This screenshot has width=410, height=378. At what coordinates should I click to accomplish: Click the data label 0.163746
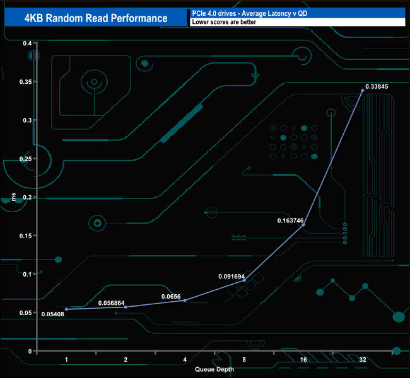[290, 221]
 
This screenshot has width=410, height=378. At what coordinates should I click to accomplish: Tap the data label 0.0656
[170, 296]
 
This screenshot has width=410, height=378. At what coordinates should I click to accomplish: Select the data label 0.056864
[112, 302]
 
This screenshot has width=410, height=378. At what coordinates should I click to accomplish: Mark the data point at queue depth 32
[363, 91]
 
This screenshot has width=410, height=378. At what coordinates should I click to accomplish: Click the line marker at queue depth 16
[303, 225]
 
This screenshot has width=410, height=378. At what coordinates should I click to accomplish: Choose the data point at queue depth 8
[244, 280]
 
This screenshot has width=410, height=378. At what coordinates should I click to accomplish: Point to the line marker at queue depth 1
[66, 309]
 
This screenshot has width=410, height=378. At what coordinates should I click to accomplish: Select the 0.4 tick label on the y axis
[27, 43]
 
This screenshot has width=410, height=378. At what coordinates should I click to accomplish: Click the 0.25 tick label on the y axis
[25, 159]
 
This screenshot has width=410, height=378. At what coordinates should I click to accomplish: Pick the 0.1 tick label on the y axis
[27, 275]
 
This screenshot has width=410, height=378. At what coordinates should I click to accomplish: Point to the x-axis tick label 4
[185, 360]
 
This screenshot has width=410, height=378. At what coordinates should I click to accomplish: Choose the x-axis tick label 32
[362, 360]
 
